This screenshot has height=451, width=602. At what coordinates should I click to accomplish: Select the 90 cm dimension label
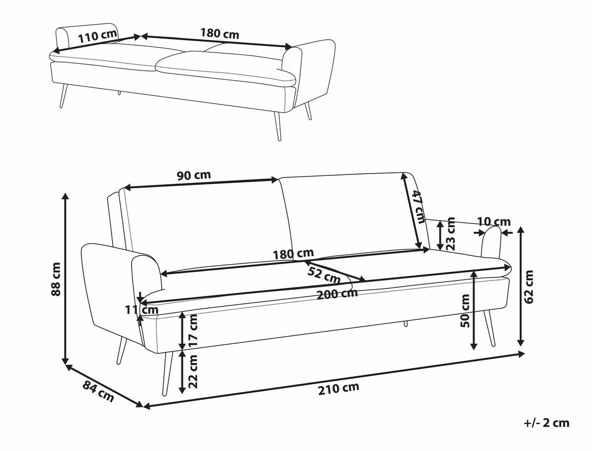click(193, 175)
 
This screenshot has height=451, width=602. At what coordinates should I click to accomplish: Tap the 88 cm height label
click(56, 279)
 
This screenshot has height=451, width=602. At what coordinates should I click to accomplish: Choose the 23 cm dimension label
click(451, 233)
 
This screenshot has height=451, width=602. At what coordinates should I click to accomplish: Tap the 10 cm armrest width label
click(493, 221)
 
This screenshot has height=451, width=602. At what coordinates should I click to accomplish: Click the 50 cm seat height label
click(465, 311)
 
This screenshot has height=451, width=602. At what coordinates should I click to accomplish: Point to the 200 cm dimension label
click(337, 293)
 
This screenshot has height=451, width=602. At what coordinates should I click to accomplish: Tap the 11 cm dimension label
click(141, 310)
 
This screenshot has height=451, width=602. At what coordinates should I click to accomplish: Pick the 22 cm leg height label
click(193, 371)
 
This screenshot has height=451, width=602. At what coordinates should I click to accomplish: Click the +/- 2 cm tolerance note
click(546, 423)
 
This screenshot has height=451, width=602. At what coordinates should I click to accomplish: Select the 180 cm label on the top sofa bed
click(220, 34)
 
